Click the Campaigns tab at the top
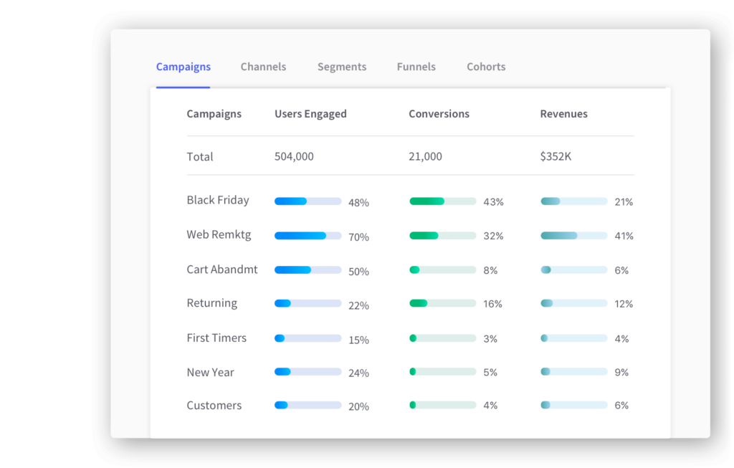pyautogui.click(x=183, y=67)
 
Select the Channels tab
pyautogui.click(x=263, y=67)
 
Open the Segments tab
pyautogui.click(x=342, y=67)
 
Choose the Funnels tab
pyautogui.click(x=416, y=67)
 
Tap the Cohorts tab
pyautogui.click(x=486, y=67)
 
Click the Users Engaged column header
pyautogui.click(x=310, y=114)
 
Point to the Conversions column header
pyautogui.click(x=439, y=114)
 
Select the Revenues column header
pyautogui.click(x=563, y=114)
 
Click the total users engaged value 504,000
pyautogui.click(x=294, y=156)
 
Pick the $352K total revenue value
pyautogui.click(x=556, y=156)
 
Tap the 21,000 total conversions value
pyautogui.click(x=425, y=156)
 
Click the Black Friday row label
pyautogui.click(x=218, y=201)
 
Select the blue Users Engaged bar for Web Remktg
pyautogui.click(x=308, y=236)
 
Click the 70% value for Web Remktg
pyautogui.click(x=358, y=237)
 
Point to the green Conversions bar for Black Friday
pyautogui.click(x=442, y=201)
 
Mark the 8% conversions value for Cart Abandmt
pyautogui.click(x=490, y=270)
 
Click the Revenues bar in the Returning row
pyautogui.click(x=573, y=303)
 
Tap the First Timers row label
pyautogui.click(x=216, y=338)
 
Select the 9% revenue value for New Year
pyautogui.click(x=621, y=373)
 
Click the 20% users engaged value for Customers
pyautogui.click(x=358, y=406)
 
